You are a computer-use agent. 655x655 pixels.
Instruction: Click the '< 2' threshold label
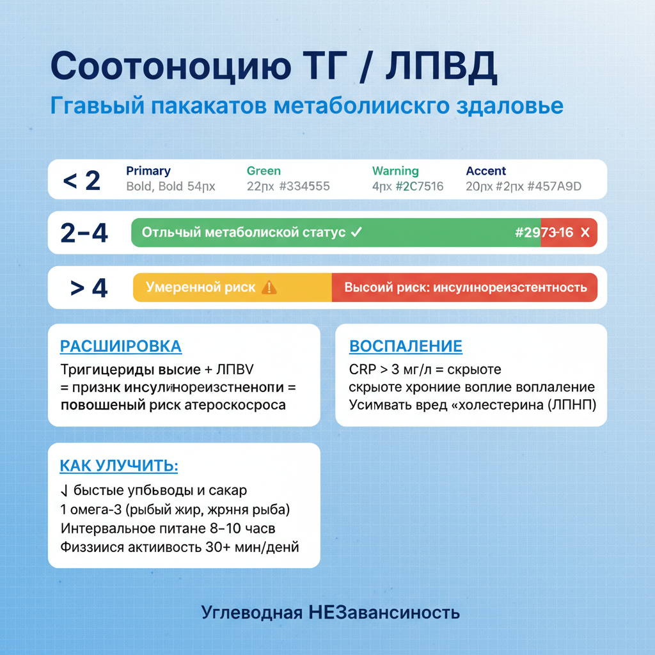pyautogui.click(x=82, y=180)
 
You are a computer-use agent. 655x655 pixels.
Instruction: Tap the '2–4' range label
pyautogui.click(x=84, y=233)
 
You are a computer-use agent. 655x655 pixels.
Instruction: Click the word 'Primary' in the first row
pyautogui.click(x=148, y=171)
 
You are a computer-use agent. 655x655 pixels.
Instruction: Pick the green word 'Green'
pyautogui.click(x=264, y=171)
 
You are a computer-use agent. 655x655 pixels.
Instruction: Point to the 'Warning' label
pyautogui.click(x=395, y=171)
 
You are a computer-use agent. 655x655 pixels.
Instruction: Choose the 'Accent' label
pyautogui.click(x=485, y=171)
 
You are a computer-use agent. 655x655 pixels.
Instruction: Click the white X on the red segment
pyautogui.click(x=584, y=233)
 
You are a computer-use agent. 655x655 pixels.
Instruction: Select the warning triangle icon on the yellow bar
pyautogui.click(x=269, y=287)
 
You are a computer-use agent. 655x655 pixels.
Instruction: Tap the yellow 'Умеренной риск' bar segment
pyautogui.click(x=232, y=287)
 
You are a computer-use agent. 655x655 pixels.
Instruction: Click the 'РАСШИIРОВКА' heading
pyautogui.click(x=121, y=346)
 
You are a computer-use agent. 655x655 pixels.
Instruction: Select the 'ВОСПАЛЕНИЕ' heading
pyautogui.click(x=406, y=346)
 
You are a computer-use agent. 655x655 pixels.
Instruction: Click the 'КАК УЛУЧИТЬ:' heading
pyautogui.click(x=119, y=466)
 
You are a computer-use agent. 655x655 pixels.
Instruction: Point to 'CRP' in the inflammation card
pyautogui.click(x=363, y=370)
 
